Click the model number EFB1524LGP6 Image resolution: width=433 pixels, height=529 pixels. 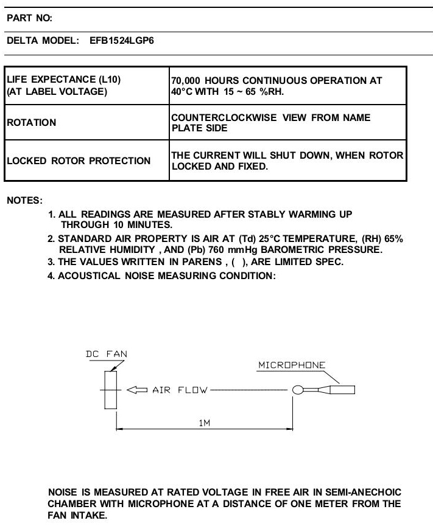pos(122,41)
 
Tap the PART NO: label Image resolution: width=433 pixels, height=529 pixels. pos(29,18)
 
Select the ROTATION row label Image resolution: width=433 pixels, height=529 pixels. pos(32,122)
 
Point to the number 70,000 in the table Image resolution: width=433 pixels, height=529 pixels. pos(186,81)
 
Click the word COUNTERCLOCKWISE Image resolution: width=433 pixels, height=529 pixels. pos(224,117)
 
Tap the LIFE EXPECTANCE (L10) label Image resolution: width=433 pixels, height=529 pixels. pos(63,80)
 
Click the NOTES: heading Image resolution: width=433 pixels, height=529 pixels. pos(25,201)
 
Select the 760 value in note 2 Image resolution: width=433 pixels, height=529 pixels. pos(216,250)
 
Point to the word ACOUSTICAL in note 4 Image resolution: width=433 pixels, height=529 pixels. pos(89,275)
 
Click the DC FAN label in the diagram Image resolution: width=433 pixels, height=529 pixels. pos(107,354)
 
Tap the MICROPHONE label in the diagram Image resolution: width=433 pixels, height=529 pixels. pos(292,365)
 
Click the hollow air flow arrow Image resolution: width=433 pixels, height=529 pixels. pos(137,390)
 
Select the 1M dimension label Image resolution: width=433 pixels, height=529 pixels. pos(205,423)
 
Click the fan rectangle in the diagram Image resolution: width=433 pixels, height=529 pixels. pos(110,390)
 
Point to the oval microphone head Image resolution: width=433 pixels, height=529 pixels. pos(298,390)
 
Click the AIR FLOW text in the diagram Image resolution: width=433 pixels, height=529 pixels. pos(180,390)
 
